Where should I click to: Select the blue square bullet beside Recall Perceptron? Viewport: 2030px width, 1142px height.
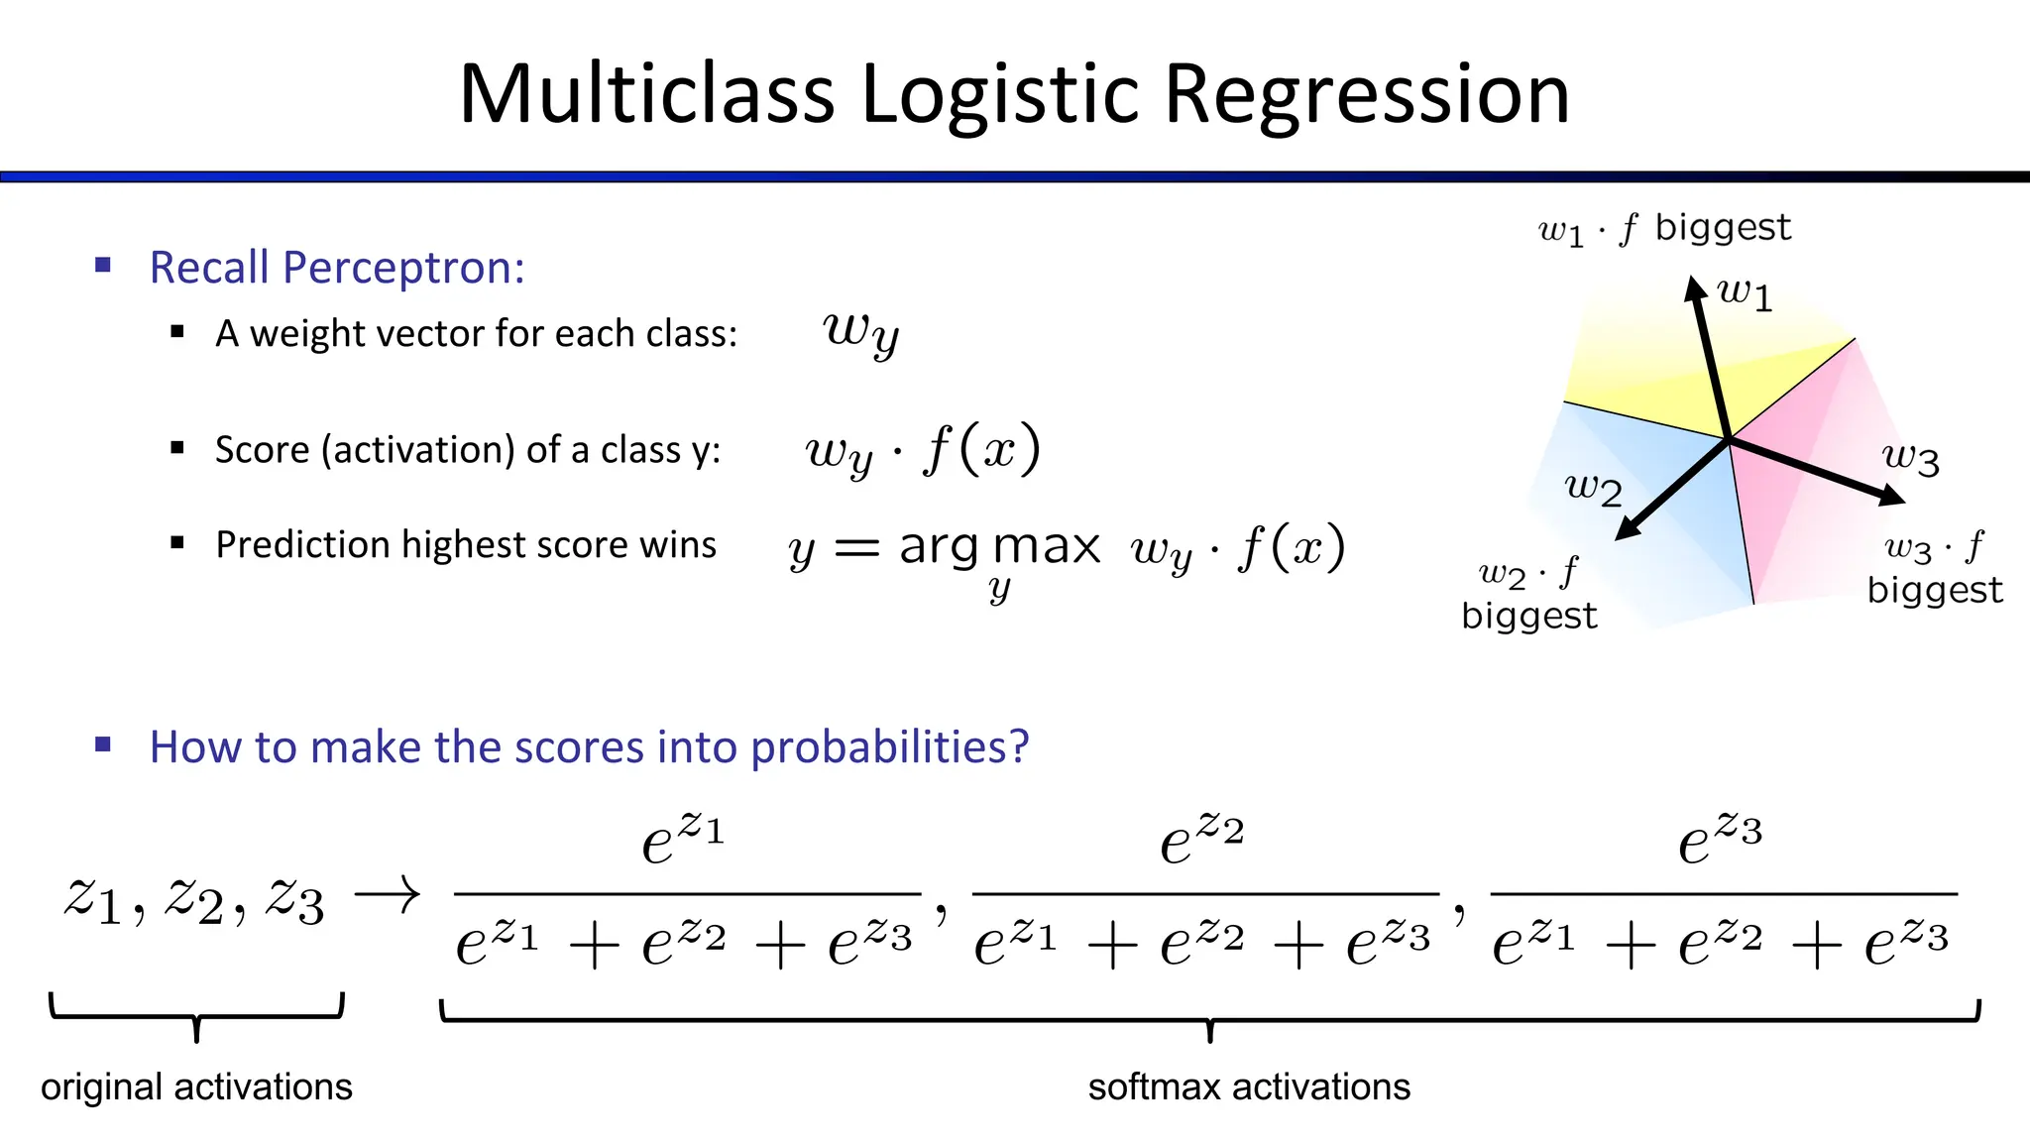click(x=103, y=265)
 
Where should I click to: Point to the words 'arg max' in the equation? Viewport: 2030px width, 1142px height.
click(x=999, y=546)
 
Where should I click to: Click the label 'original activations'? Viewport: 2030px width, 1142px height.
click(x=196, y=1086)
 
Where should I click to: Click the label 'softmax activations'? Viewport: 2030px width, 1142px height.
click(x=1249, y=1086)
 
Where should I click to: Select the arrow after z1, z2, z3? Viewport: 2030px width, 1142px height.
click(x=388, y=896)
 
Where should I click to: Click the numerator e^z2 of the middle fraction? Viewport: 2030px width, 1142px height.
click(x=1201, y=839)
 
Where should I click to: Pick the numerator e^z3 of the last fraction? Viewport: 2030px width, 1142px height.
click(x=1720, y=839)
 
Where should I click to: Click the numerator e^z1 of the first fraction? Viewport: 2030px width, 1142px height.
click(x=683, y=839)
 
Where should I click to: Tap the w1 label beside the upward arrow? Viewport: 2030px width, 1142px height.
click(x=1745, y=293)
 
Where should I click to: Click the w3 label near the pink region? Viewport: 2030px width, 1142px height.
click(x=1910, y=458)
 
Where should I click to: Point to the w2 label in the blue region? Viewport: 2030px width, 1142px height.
click(x=1593, y=488)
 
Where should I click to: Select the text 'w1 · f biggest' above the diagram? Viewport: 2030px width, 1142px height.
click(x=1664, y=229)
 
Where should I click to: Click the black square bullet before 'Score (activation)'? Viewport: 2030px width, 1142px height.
click(x=177, y=448)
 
